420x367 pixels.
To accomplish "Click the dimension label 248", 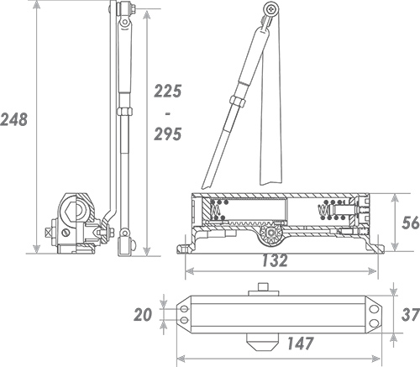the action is [13, 119].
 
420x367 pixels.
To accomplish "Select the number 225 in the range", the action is [168, 92].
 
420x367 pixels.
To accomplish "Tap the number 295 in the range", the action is [168, 134].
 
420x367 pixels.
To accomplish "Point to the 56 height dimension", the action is [411, 223].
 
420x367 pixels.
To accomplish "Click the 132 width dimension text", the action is [275, 260].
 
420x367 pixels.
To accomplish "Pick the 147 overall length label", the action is [300, 343].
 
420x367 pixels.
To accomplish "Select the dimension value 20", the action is [143, 314].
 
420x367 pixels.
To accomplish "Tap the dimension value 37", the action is [411, 314].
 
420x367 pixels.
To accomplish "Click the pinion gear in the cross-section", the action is [271, 233].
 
